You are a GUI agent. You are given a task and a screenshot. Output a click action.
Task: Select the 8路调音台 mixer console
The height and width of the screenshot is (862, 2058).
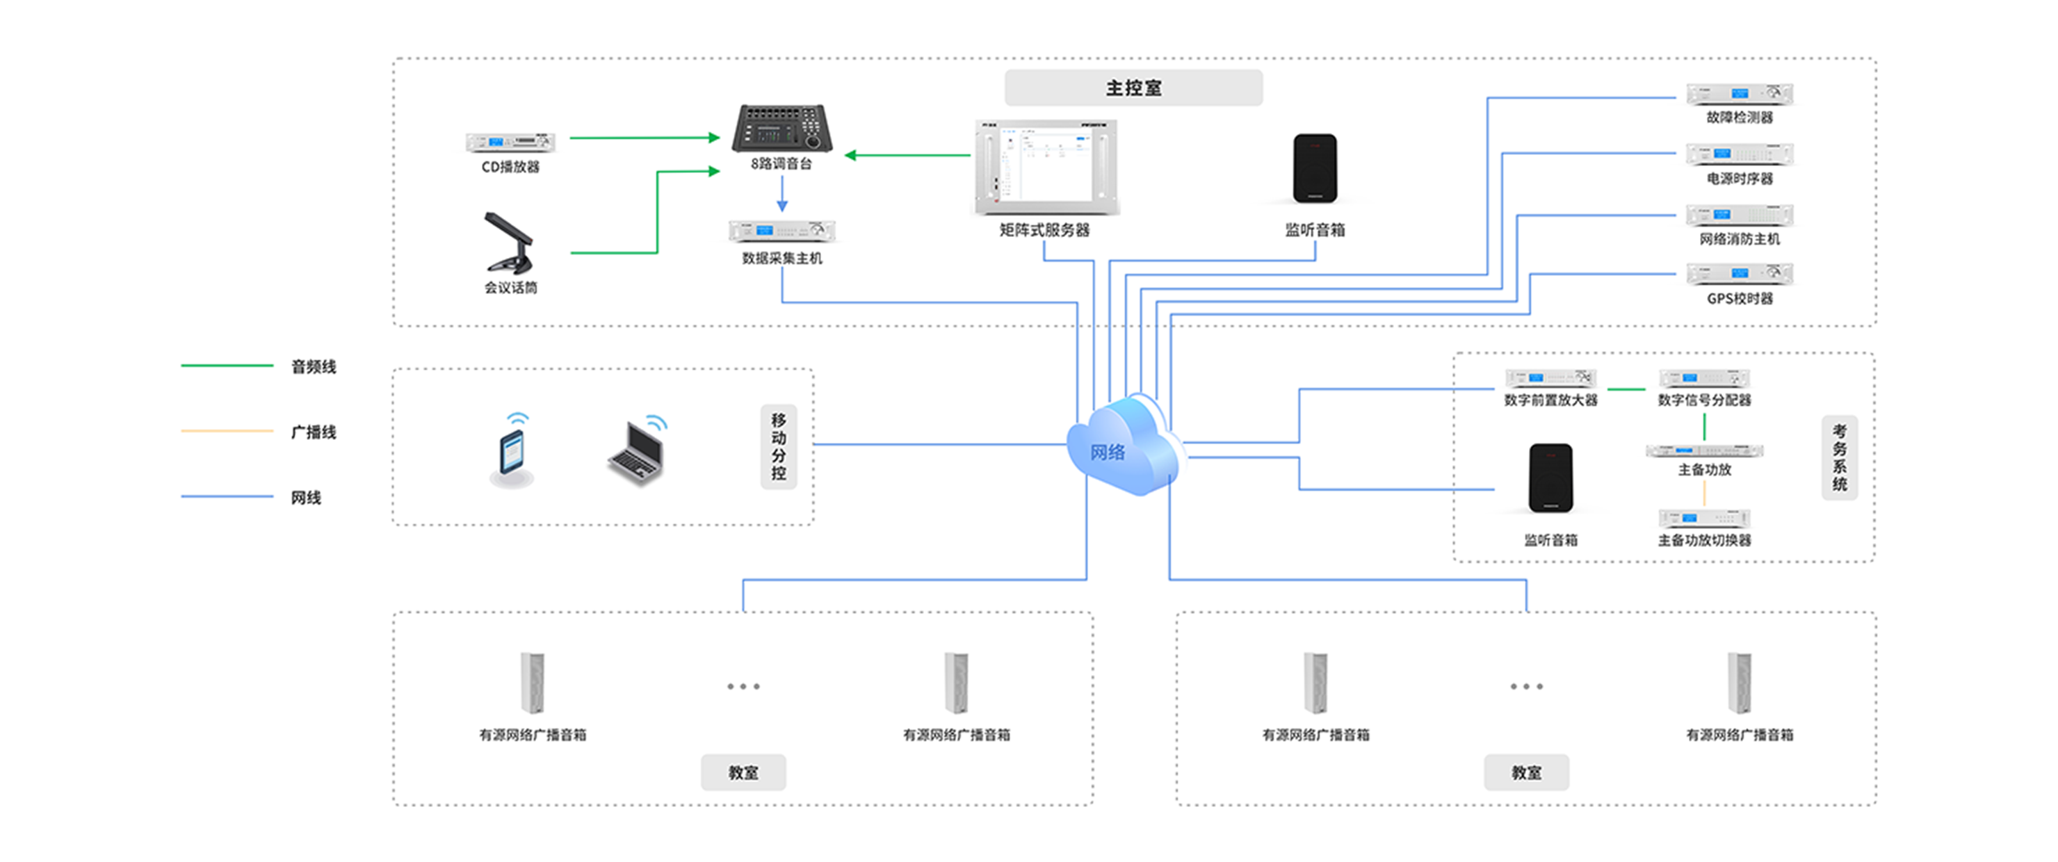coord(781,128)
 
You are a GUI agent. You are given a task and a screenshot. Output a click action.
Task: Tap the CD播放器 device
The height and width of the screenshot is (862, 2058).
coord(510,143)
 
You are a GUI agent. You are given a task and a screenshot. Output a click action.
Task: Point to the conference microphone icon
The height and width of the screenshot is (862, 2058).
coord(508,242)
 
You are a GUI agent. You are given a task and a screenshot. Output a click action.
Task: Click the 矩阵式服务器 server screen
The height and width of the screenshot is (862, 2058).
coord(1046,167)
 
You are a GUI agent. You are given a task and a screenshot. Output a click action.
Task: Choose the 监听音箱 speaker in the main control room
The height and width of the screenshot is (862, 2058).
coord(1315,168)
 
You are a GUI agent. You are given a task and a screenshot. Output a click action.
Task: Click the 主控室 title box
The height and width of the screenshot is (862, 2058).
coord(1134,88)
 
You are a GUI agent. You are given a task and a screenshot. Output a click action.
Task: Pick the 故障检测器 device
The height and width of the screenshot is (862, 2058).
coord(1740,95)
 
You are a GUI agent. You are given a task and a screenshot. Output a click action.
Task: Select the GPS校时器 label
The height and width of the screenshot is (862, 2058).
coord(1740,299)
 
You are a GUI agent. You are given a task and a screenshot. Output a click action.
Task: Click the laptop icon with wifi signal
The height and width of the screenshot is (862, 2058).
coord(637,449)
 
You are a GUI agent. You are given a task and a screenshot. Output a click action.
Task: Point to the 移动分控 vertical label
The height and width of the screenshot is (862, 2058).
coord(778,446)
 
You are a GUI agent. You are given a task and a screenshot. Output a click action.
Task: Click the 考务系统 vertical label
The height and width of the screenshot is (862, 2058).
coord(1839,457)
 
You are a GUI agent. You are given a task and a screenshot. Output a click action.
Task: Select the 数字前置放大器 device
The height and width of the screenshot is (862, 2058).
coord(1550,378)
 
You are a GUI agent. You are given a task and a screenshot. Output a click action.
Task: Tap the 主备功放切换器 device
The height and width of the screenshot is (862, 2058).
coord(1704,518)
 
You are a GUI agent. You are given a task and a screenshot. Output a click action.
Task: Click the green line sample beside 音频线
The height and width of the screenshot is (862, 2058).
coord(227,366)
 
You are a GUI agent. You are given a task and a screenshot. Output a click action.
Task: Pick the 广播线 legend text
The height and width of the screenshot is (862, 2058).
coord(313,432)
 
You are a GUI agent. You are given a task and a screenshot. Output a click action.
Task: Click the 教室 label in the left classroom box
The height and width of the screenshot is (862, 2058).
coord(743,772)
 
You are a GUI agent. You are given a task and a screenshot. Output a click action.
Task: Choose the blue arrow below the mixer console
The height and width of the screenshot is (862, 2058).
coord(781,193)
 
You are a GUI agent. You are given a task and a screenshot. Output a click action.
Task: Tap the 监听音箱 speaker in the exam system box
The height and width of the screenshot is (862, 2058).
coord(1550,478)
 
